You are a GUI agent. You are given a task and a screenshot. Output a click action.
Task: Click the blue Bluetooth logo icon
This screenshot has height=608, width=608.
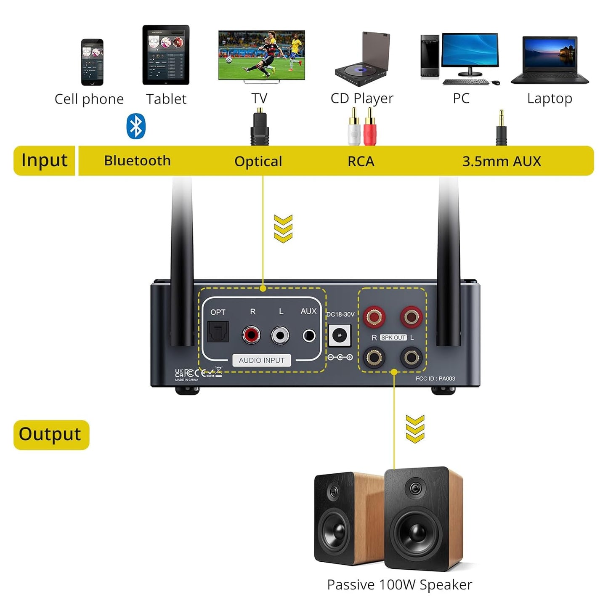pyautogui.click(x=136, y=126)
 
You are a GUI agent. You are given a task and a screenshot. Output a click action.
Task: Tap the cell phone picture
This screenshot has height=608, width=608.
pyautogui.click(x=92, y=62)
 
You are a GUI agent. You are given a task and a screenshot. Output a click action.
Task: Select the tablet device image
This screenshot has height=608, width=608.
pyautogui.click(x=166, y=55)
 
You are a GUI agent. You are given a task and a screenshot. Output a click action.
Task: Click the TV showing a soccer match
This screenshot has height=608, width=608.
pyautogui.click(x=261, y=56)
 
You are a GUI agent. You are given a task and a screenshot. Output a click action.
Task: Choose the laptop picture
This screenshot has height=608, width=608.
pyautogui.click(x=550, y=61)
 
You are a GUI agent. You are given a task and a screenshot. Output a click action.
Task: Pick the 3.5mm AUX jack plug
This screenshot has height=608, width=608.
pyautogui.click(x=501, y=128)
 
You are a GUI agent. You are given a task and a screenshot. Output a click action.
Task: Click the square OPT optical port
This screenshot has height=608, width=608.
pyautogui.click(x=218, y=332)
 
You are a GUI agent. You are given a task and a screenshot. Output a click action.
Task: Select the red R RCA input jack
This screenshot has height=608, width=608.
pyautogui.click(x=251, y=335)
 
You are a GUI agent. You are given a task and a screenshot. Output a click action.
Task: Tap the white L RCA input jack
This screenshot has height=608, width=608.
pyautogui.click(x=280, y=335)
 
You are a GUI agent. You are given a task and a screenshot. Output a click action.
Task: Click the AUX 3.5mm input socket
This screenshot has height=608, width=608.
pyautogui.click(x=309, y=336)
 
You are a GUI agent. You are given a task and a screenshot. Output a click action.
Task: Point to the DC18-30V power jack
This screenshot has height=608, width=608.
pyautogui.click(x=339, y=335)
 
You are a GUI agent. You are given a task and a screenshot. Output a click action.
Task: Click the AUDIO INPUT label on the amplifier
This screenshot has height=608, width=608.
pyautogui.click(x=261, y=360)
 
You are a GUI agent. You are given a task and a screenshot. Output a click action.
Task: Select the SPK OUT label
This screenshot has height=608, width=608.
pyautogui.click(x=393, y=337)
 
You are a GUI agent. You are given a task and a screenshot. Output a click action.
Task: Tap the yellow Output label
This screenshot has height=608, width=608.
pyautogui.click(x=51, y=435)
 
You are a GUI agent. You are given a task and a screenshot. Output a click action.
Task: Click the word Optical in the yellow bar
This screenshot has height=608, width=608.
pyautogui.click(x=258, y=161)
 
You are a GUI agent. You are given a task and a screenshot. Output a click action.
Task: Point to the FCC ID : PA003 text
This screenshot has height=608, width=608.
pyautogui.click(x=435, y=379)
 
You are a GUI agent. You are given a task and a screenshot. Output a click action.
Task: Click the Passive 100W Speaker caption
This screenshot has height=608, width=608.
pyautogui.click(x=399, y=585)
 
